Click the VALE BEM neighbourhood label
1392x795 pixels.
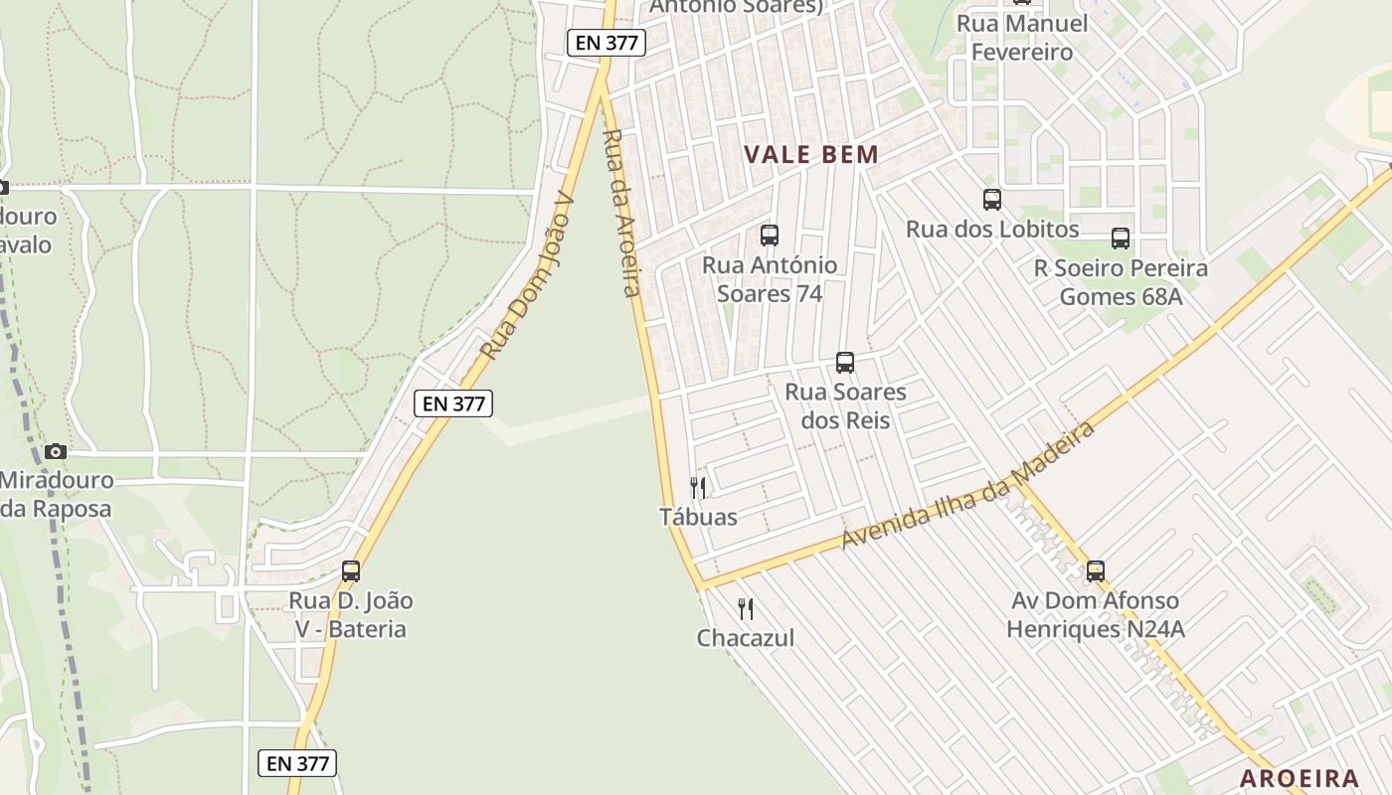811,154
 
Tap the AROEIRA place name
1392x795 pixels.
1299,778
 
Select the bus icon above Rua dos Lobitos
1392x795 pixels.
991,200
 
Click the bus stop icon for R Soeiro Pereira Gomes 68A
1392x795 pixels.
1121,238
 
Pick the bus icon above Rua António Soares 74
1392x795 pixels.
769,236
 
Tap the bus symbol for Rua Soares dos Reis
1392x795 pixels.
845,363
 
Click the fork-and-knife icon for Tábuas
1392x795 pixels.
698,487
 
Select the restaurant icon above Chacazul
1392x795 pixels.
745,608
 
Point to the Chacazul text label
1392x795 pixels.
746,638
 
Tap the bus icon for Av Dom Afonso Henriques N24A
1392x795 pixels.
1095,571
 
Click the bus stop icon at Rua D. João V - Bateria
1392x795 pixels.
350,571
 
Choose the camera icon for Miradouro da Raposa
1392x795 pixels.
56,451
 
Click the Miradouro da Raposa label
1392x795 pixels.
56,494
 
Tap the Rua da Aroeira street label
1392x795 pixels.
618,213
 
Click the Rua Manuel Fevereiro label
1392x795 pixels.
1022,38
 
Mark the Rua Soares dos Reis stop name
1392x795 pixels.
845,405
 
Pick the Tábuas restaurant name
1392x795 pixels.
698,517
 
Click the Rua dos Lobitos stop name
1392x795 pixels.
991,230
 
